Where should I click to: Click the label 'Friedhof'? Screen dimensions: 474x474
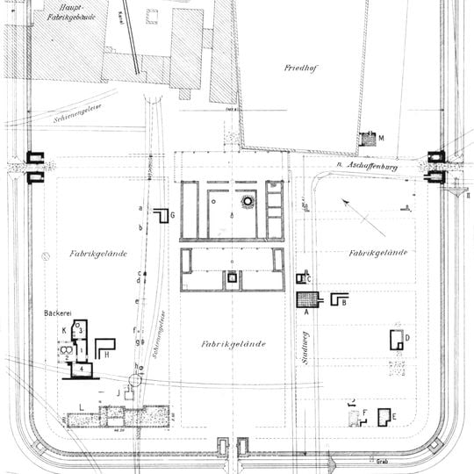click(x=299, y=68)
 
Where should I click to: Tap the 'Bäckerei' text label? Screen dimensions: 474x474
click(x=57, y=312)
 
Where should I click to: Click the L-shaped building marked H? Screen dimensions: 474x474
click(x=104, y=347)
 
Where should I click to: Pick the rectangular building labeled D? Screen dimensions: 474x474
click(x=398, y=340)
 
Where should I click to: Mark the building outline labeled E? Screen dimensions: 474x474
click(x=384, y=417)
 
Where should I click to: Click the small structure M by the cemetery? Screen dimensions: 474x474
click(x=369, y=140)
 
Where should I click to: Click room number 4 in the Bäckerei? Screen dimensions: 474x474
click(x=80, y=369)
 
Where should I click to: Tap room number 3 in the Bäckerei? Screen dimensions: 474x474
click(x=79, y=329)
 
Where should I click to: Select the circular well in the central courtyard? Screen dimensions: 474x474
click(x=248, y=201)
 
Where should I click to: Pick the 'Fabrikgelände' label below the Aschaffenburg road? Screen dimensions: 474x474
click(x=377, y=253)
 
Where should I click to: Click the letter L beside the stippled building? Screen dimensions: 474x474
click(x=81, y=405)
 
